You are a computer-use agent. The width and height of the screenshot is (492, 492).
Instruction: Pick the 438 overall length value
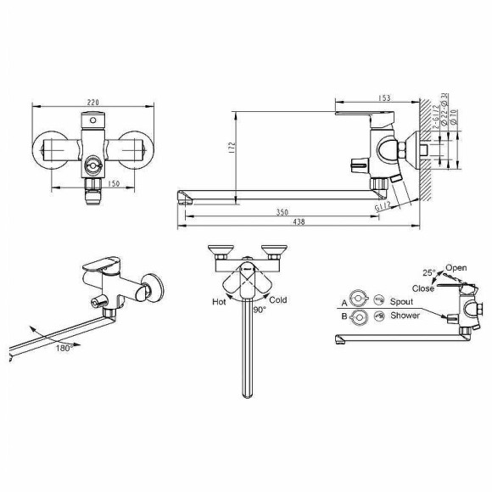click(299, 223)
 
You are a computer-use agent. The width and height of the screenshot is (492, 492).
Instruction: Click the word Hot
click(219, 301)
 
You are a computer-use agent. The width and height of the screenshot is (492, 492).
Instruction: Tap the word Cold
click(277, 299)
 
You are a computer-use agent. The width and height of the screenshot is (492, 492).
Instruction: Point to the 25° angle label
click(429, 271)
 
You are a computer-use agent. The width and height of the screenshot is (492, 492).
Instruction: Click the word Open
click(456, 268)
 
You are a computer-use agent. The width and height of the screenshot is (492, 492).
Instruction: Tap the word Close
click(423, 288)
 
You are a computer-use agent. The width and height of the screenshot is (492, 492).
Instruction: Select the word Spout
click(401, 301)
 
